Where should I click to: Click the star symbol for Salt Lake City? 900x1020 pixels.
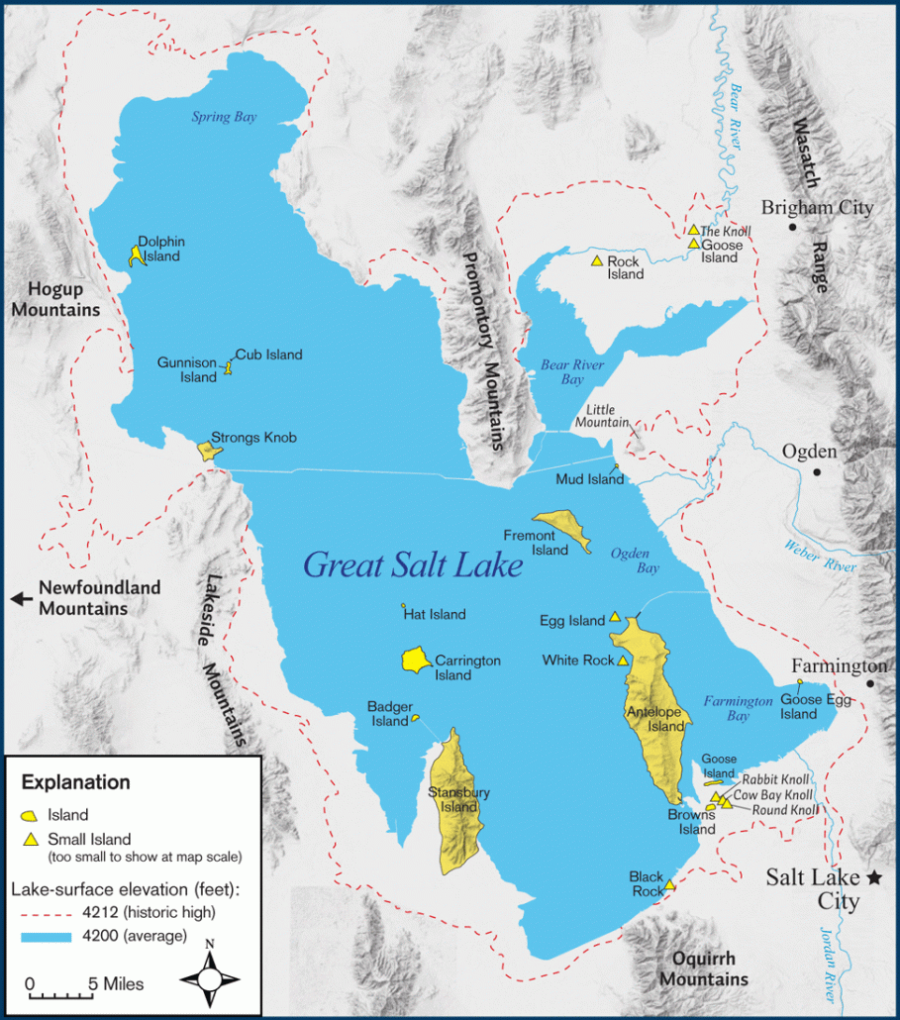point(874,877)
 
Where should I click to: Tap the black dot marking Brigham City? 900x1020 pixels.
point(792,227)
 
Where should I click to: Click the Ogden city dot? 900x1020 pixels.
point(817,471)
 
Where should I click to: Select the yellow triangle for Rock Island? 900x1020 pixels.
point(597,260)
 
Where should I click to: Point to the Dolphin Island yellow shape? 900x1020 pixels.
point(135,255)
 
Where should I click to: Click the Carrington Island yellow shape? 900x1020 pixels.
point(415,659)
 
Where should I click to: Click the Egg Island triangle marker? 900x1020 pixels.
point(615,616)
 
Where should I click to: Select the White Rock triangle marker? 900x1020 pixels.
point(623,661)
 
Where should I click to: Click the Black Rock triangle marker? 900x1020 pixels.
point(669,884)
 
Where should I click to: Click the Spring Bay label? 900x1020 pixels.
point(224,117)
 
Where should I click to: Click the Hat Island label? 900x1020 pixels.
point(436,615)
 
